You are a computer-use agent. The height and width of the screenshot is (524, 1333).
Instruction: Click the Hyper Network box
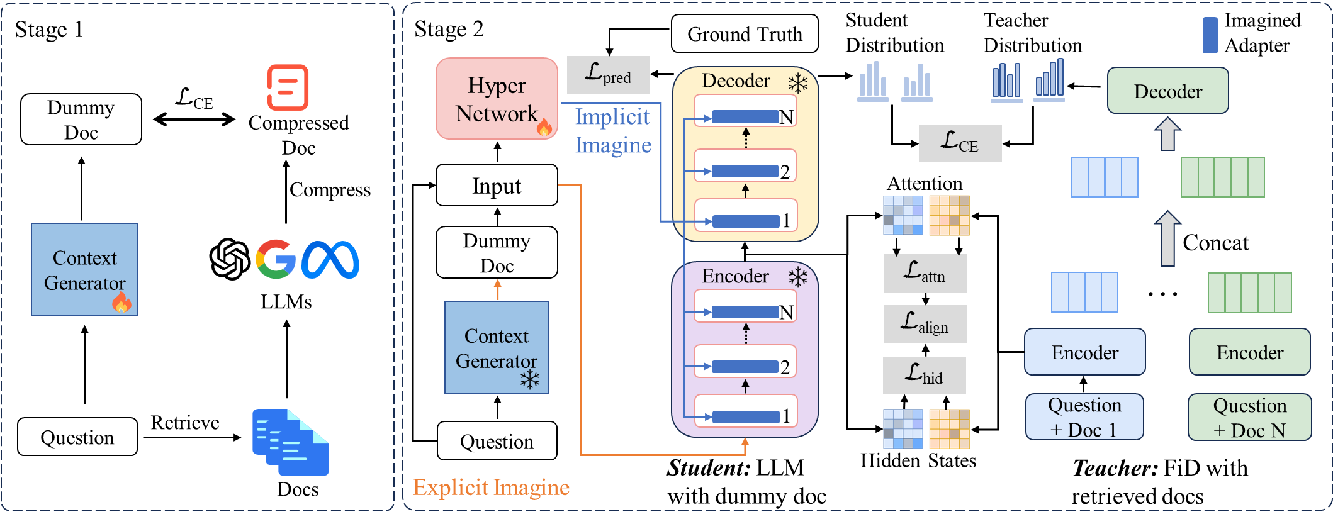(x=497, y=99)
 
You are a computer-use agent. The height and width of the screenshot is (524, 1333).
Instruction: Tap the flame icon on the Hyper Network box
(x=544, y=127)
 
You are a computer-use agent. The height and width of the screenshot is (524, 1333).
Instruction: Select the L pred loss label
(x=608, y=74)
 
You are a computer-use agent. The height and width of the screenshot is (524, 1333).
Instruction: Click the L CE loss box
(x=960, y=143)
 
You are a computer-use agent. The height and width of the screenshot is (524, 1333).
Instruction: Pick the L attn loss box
(x=925, y=274)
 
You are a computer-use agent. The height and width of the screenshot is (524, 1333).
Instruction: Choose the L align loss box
(x=925, y=324)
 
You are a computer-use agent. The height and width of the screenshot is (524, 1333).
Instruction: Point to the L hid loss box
(x=924, y=376)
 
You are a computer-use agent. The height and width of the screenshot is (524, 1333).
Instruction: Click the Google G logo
(x=275, y=259)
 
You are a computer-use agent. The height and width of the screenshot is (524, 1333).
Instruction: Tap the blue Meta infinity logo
(x=330, y=260)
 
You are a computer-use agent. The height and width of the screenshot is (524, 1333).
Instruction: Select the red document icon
(x=288, y=87)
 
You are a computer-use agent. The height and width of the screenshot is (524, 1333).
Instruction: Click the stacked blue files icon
(x=290, y=442)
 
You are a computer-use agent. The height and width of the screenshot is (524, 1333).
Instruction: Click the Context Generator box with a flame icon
(x=84, y=269)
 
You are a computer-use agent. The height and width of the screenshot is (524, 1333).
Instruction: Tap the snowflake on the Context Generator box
(x=530, y=379)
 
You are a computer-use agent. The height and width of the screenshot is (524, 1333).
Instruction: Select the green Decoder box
(x=1167, y=91)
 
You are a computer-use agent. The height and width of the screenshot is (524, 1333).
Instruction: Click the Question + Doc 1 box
(x=1084, y=417)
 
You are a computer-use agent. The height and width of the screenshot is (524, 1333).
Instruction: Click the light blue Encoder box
(x=1084, y=352)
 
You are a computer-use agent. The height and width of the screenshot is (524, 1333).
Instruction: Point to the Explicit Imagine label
(x=491, y=488)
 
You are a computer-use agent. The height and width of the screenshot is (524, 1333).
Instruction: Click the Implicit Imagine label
(x=612, y=131)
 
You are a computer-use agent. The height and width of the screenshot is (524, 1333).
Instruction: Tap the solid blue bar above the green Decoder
(x=1210, y=35)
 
